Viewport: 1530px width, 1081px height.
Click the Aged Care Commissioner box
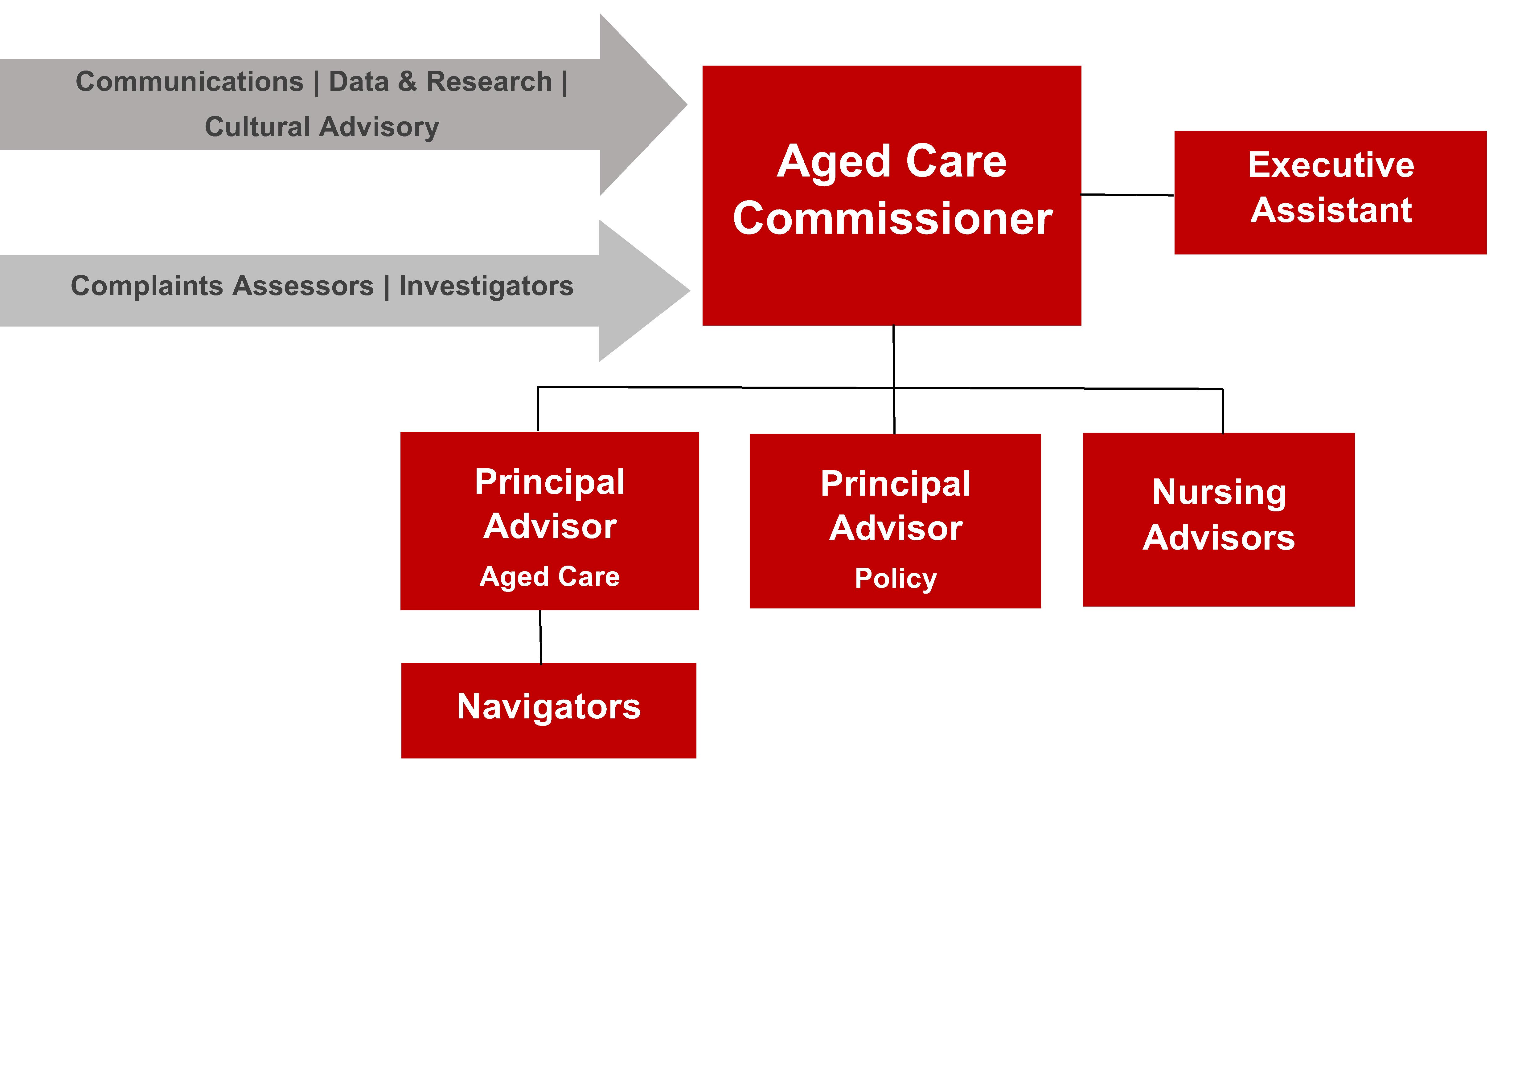click(892, 195)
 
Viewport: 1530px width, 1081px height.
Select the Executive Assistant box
click(1330, 193)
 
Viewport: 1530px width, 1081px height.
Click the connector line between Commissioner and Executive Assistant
click(1127, 194)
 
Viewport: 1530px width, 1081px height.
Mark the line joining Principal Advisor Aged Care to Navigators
click(540, 637)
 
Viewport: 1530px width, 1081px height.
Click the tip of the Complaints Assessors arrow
click(690, 291)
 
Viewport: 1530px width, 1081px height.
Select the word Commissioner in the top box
click(892, 218)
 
